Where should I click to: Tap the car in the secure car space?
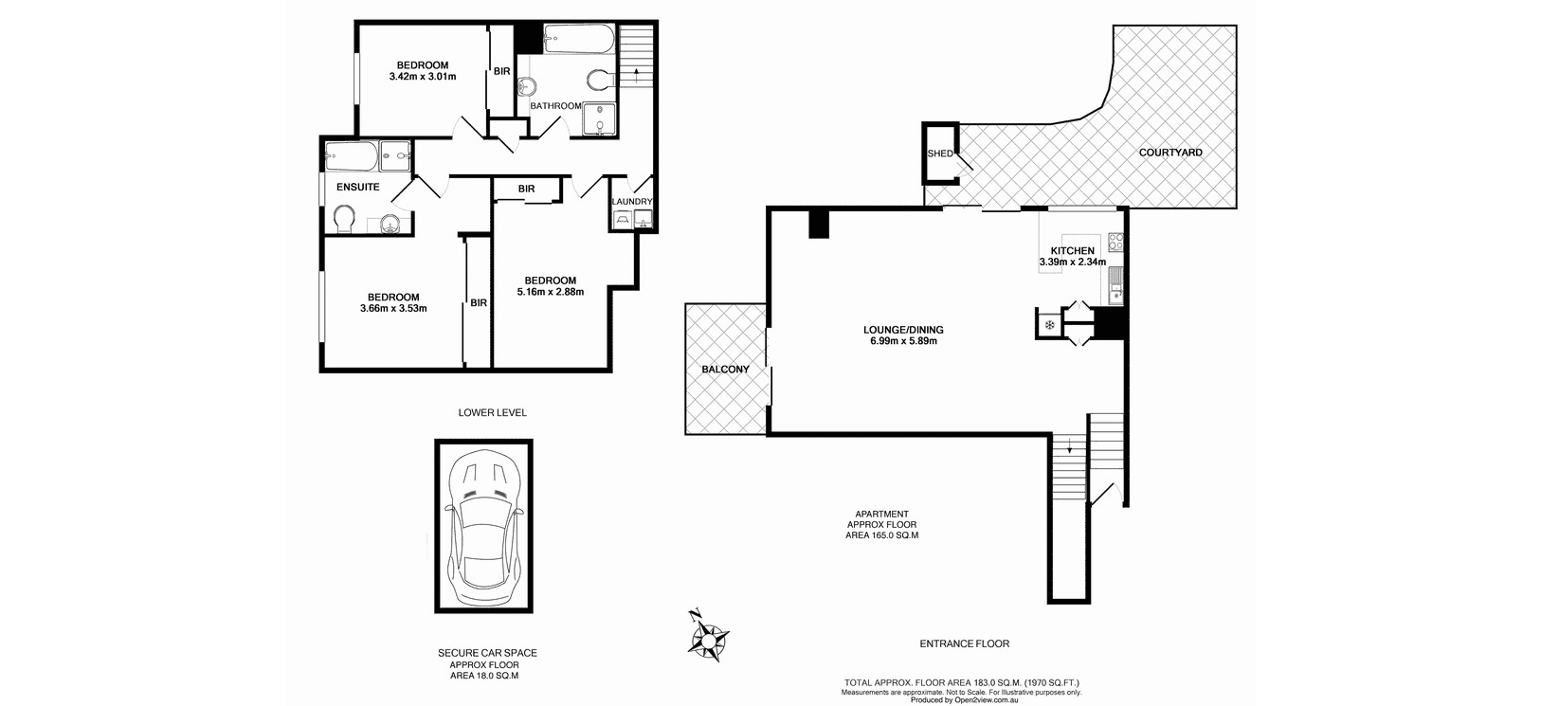pos(484,526)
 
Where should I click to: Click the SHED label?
pos(940,154)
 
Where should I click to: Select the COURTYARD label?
pos(1170,153)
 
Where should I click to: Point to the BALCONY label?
pos(725,370)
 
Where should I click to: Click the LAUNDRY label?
pos(631,202)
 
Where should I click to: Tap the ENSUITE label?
pos(357,188)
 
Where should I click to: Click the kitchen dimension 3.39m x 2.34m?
pos(1073,262)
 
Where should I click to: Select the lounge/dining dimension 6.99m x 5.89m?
pos(903,340)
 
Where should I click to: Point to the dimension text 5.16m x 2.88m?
pos(551,292)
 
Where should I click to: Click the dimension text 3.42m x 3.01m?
pos(423,77)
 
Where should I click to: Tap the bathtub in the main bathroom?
pos(578,39)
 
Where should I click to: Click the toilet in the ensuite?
pos(344,220)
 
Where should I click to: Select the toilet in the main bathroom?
pos(601,80)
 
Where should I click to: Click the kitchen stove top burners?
pos(1115,242)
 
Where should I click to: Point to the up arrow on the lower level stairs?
pos(637,75)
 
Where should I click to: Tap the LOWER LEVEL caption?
pos(493,413)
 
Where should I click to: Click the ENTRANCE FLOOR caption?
pos(965,644)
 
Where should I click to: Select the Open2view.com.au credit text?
pos(964,700)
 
